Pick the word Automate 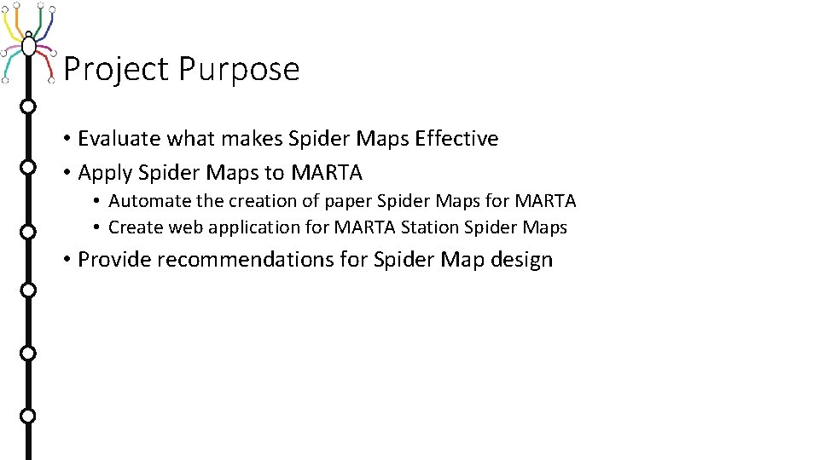click(149, 201)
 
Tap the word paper click(348, 201)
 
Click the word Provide click(114, 260)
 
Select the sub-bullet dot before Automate click(98, 202)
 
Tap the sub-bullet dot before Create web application click(98, 228)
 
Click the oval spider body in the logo click(29, 44)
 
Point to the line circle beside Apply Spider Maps click(28, 168)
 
